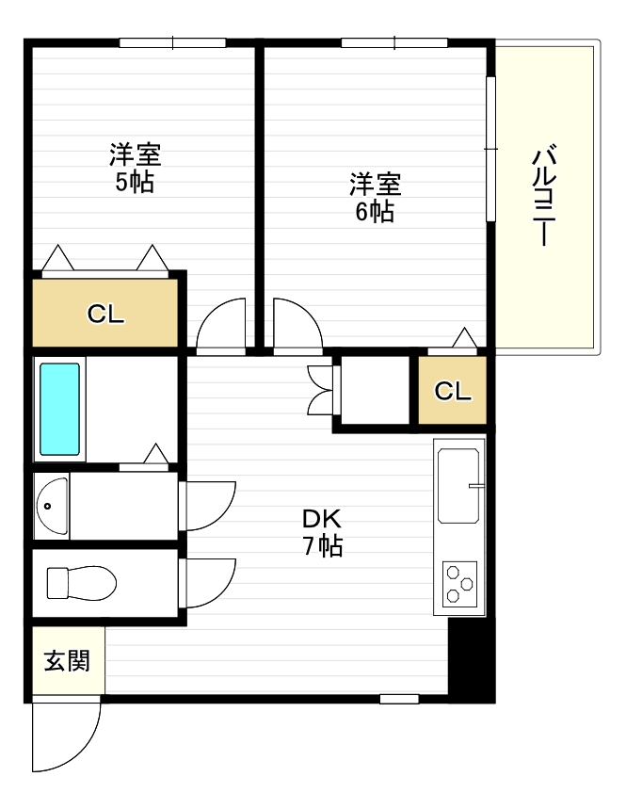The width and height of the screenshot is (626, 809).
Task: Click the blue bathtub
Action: [x=59, y=408]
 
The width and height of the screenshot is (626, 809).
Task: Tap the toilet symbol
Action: [x=81, y=581]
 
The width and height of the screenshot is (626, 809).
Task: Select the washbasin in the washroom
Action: [x=53, y=506]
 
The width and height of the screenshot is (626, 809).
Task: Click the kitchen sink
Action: [x=459, y=487]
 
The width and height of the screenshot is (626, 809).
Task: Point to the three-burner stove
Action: [x=459, y=582]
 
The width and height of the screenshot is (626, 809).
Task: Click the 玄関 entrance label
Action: [x=66, y=661]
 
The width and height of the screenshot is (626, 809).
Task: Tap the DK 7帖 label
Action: [x=322, y=532]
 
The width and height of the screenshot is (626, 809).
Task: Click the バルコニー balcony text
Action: [x=544, y=195]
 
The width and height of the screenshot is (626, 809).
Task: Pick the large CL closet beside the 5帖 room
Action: [x=105, y=315]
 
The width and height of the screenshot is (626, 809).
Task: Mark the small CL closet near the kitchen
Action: [x=453, y=391]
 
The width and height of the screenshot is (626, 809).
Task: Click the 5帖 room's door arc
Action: [x=222, y=326]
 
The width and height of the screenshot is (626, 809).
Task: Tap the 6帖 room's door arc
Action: [x=296, y=326]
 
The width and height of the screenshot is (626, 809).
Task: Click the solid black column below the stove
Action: [x=470, y=659]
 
